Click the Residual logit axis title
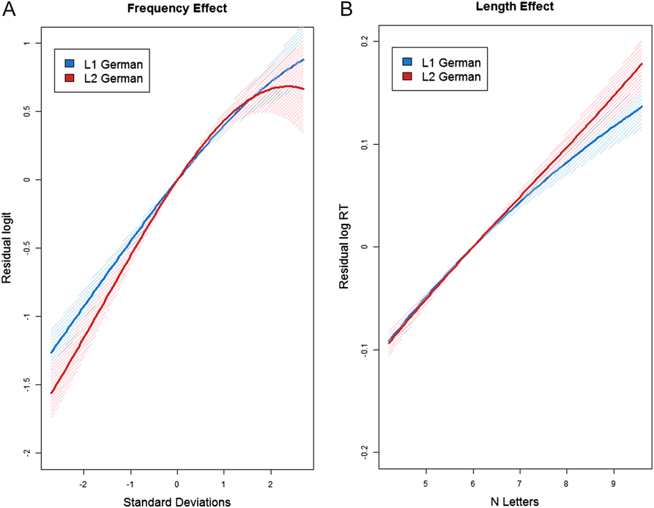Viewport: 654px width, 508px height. click(x=9, y=247)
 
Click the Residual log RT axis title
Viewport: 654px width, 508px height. click(x=343, y=247)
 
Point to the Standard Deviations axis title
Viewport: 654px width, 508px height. click(x=176, y=501)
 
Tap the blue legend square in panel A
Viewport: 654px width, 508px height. click(x=70, y=63)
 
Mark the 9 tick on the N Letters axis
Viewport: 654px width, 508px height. click(x=613, y=483)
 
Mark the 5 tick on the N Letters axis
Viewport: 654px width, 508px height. click(x=426, y=483)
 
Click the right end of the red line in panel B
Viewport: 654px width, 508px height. click(x=642, y=64)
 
